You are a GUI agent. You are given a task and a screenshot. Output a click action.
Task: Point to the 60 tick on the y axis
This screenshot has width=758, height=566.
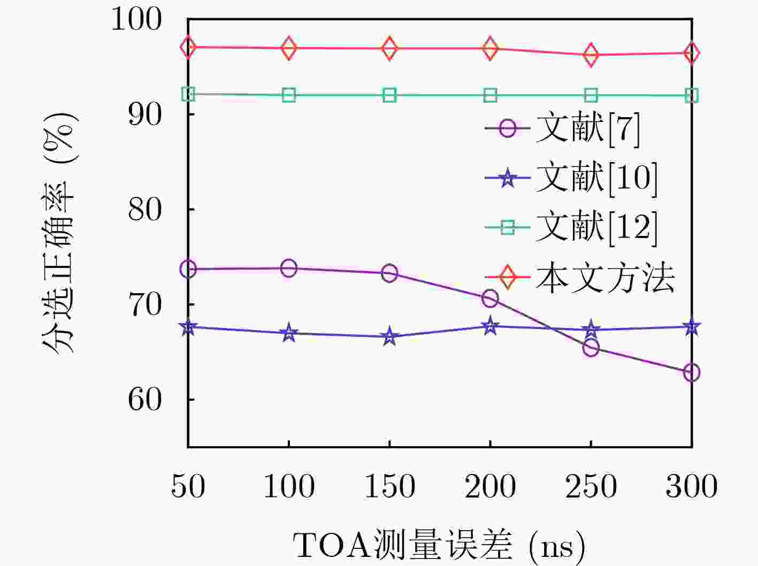pos(145,399)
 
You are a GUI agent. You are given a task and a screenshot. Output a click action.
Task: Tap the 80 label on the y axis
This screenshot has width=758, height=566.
pos(145,209)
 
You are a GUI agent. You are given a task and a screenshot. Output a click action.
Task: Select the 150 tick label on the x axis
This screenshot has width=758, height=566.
pos(389,486)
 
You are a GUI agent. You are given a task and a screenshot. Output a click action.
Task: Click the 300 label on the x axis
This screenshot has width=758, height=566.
pos(691,486)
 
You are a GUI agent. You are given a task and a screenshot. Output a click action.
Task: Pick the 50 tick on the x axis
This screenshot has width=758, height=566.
pos(188,486)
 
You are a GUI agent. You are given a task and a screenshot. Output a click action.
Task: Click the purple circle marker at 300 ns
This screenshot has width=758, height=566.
pos(692,372)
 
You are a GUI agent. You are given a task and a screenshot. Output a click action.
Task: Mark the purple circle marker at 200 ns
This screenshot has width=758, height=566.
pos(490,299)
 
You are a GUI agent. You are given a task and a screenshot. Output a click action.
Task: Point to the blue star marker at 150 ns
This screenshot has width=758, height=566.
pos(389,336)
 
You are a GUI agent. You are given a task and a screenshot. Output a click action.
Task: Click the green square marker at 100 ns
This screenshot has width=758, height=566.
pos(289,95)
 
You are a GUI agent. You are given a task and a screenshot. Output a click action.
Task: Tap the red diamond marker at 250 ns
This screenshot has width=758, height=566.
pos(591,55)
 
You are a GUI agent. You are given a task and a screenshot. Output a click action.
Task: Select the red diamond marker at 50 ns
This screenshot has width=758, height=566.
pos(188,47)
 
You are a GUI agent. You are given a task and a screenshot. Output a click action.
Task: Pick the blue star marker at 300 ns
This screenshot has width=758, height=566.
pos(692,326)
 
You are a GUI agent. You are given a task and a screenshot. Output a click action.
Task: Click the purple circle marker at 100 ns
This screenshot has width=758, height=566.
pos(289,268)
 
